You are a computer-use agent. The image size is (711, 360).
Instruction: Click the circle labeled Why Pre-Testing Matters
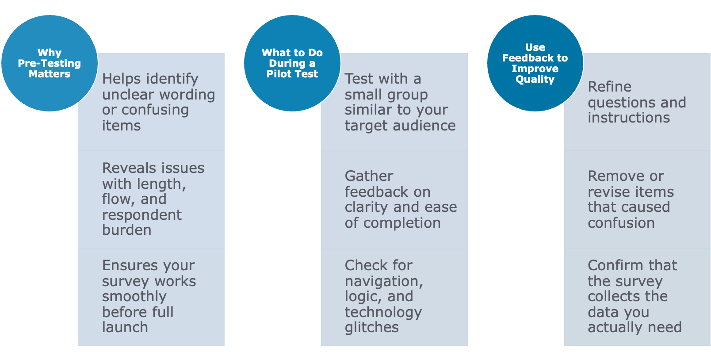49,63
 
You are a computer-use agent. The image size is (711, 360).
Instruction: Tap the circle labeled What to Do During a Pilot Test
292,63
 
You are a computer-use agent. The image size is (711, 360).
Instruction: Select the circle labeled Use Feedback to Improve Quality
535,63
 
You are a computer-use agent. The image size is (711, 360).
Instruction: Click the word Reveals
127,168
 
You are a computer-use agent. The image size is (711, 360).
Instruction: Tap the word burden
127,230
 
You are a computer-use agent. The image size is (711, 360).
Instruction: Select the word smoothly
134,297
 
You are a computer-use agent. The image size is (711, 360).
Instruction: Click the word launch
125,327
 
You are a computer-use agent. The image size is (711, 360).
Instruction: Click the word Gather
369,176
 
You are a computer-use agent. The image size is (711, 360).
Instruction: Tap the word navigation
383,281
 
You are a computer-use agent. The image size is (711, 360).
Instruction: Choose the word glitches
372,327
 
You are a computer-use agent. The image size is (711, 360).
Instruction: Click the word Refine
609,87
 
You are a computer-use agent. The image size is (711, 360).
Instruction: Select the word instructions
629,118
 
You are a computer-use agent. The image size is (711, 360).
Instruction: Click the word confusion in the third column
621,223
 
